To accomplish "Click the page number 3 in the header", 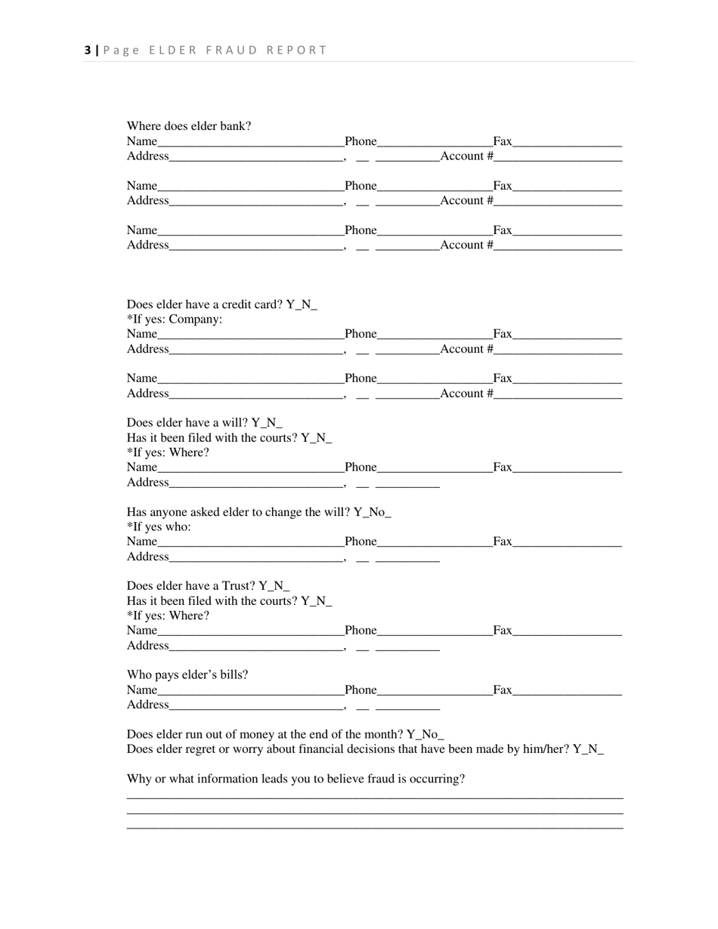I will coord(88,51).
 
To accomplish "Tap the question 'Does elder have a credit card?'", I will coord(205,304).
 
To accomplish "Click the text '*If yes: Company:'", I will coord(175,319).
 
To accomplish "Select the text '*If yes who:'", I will coord(159,526).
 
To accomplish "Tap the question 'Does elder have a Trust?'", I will coord(191,586).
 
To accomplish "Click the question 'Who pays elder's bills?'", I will coord(187,674).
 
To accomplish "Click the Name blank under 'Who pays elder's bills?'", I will coord(250,690).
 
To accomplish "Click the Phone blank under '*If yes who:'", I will coord(435,542).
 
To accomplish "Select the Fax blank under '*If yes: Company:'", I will coord(567,335).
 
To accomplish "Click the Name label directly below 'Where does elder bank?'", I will coord(142,141).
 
